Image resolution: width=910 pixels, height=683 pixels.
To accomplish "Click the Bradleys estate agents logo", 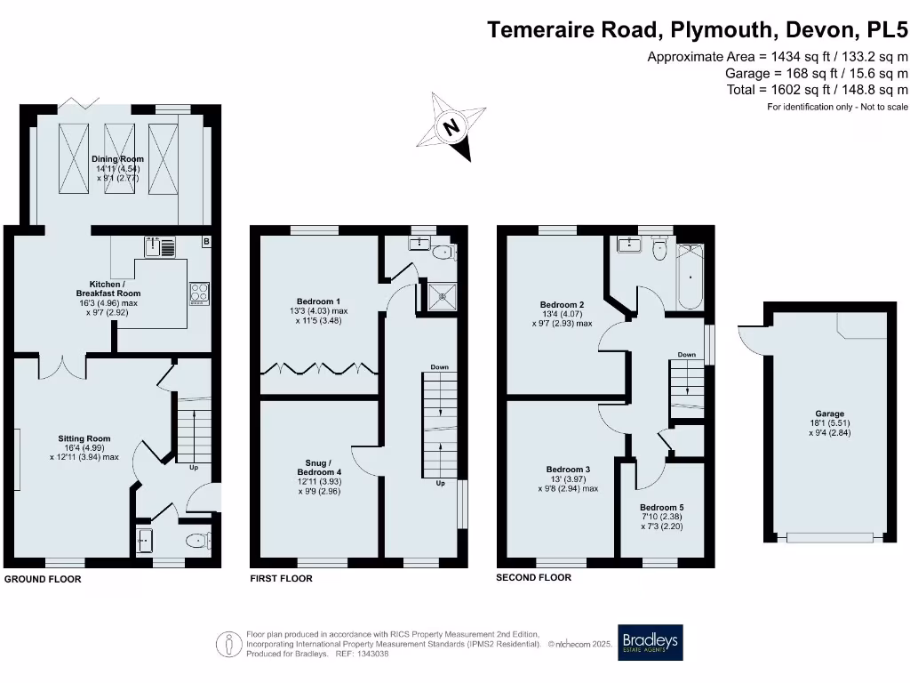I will pos(651,642).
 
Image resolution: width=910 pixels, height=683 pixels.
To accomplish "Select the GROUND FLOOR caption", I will pos(43,579).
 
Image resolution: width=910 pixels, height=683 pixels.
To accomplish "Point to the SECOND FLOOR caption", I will pos(533,577).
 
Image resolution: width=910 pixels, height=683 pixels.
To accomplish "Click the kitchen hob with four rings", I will pos(199,293).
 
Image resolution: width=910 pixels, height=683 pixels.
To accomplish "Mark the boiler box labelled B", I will pos(206,241).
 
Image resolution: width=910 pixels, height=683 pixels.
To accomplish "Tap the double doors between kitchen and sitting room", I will pos(62,364).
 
